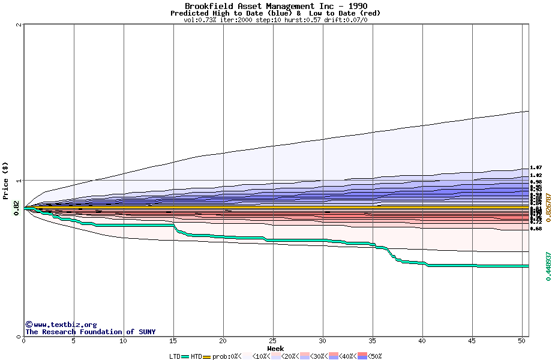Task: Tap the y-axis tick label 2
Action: click(20, 25)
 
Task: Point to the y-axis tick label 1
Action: click(20, 181)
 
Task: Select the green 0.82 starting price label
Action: click(16, 208)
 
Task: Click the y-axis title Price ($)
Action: click(5, 181)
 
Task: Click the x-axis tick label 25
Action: click(273, 341)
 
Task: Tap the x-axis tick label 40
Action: click(422, 341)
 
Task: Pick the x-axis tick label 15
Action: click(173, 341)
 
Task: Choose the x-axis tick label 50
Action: click(522, 341)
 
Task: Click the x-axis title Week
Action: click(276, 349)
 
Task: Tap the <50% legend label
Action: click(374, 356)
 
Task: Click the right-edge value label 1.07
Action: click(536, 169)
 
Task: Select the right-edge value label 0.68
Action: click(536, 229)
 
